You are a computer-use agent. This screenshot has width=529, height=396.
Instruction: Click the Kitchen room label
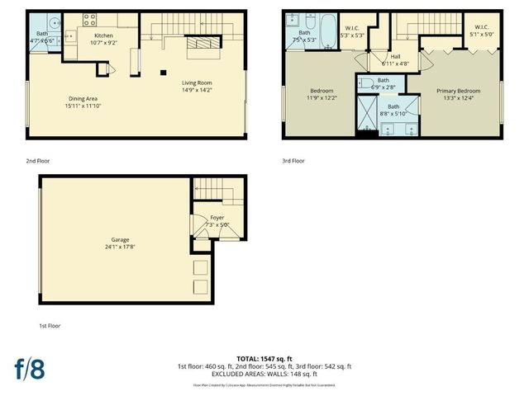[x=103, y=36]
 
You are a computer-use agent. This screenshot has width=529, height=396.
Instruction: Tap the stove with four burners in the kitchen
[x=88, y=19]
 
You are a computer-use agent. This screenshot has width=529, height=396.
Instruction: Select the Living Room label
[x=197, y=82]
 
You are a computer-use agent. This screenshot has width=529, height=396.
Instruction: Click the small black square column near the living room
[x=163, y=73]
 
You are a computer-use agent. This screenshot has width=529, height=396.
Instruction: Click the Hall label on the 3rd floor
[x=395, y=56]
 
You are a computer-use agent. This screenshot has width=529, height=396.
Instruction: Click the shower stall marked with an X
[x=365, y=115]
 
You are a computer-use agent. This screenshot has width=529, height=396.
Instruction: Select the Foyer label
[x=217, y=218]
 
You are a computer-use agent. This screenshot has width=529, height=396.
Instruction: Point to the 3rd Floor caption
[x=293, y=161]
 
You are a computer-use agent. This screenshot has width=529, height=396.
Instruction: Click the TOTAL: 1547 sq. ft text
[x=264, y=359]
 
